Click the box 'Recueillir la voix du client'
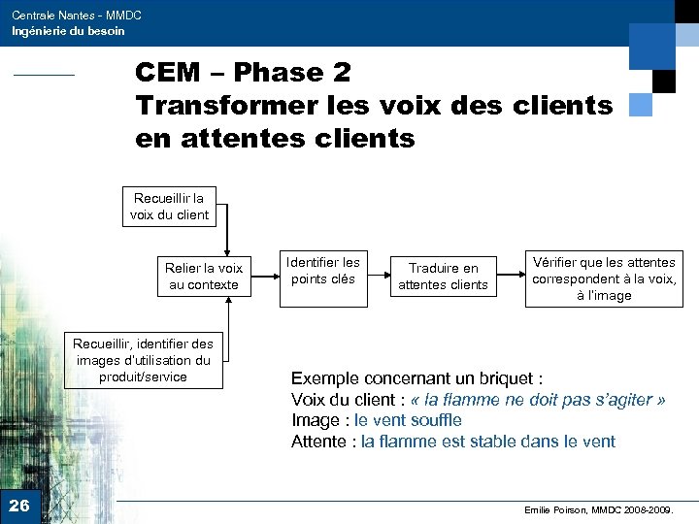tap(170, 207)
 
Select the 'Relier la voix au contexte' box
tap(203, 277)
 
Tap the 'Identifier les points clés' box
tap(322, 271)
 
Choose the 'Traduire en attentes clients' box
tap(443, 277)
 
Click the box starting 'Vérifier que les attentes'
tap(603, 278)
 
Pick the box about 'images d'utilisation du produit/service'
tap(144, 360)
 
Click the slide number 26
tap(18, 505)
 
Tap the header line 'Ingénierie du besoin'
tap(68, 31)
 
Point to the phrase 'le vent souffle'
tap(408, 420)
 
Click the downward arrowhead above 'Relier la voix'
tap(227, 247)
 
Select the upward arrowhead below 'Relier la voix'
tap(227, 301)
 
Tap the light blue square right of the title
tap(640, 105)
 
